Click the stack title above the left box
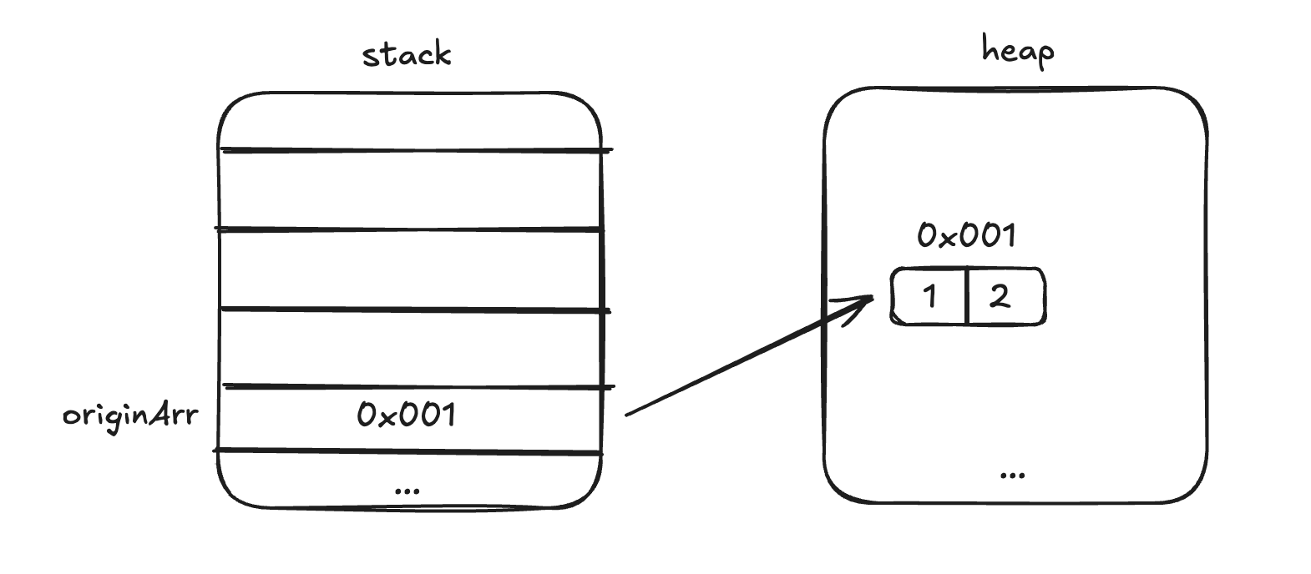tap(407, 55)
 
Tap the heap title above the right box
tap(1017, 52)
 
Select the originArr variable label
tap(130, 415)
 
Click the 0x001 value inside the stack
tap(407, 415)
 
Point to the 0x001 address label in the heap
tap(966, 236)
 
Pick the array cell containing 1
tap(929, 296)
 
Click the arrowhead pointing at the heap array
tap(864, 302)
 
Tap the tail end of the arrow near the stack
tap(629, 412)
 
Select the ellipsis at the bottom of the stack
tap(407, 490)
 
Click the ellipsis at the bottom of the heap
tap(1012, 475)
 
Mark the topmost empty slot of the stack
tap(409, 122)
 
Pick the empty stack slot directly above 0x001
tap(409, 349)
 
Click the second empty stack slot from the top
tap(409, 189)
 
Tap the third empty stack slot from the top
tap(409, 269)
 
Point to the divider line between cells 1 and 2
tap(966, 296)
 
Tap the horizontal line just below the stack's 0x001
tap(409, 452)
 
